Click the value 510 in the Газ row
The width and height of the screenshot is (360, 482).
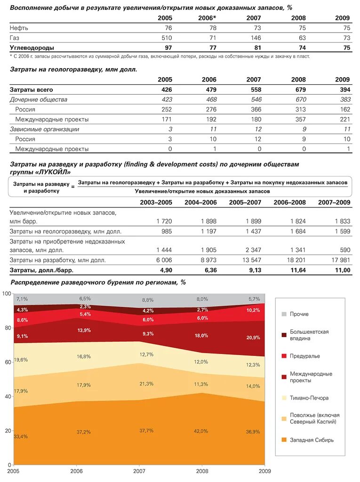pos(166,38)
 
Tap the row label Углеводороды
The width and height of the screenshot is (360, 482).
pos(32,48)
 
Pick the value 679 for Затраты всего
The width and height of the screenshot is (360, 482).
pos(298,89)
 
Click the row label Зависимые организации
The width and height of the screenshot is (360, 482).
pos(45,129)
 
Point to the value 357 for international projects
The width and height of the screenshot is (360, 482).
pos(299,119)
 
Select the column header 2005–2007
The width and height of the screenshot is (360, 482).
pos(245,202)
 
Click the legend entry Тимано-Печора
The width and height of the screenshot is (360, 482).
pos(309,398)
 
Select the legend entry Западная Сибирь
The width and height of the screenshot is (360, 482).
pos(312,440)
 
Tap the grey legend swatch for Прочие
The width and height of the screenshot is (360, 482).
pos(284,314)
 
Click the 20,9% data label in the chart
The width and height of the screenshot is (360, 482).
pos(253,338)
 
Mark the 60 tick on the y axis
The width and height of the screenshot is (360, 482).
pos(6,362)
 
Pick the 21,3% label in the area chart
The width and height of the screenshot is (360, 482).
pos(146,384)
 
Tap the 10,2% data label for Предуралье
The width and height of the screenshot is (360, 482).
pos(253,310)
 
